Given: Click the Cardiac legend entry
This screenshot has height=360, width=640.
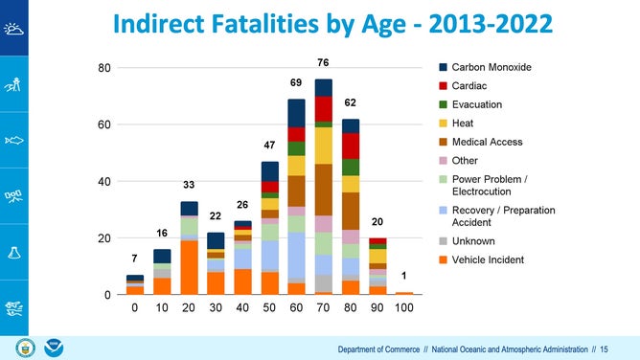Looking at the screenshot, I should [470, 86].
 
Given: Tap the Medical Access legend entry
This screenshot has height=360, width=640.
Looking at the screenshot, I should [487, 142].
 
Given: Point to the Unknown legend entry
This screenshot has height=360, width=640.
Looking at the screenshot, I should [474, 241].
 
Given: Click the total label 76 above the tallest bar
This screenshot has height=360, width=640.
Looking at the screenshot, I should [323, 63].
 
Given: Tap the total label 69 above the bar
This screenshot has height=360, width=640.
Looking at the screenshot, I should [296, 83].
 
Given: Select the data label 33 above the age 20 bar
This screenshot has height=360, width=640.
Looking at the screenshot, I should [189, 185].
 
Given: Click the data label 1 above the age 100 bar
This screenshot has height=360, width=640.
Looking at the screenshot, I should [403, 276].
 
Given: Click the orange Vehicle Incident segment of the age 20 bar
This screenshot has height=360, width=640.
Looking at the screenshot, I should [189, 267].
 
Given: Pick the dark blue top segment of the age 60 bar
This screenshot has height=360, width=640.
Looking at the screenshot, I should [296, 113].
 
